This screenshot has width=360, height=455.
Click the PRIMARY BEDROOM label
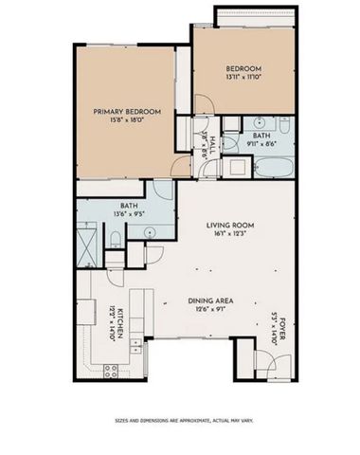point(126,112)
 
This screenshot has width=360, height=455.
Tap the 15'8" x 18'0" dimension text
point(126,120)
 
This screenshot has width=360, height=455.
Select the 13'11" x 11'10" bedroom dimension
point(243,77)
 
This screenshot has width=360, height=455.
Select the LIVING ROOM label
point(226,225)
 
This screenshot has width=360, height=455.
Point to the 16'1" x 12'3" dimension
point(226,233)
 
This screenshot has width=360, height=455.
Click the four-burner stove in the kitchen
point(111,370)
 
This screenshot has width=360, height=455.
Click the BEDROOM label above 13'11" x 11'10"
point(243,68)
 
